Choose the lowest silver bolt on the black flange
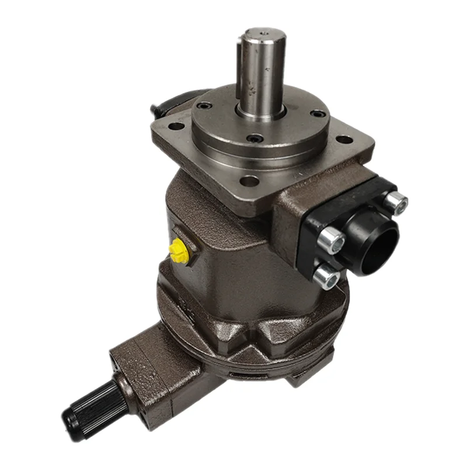tap(327, 276)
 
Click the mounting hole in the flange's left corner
tap(175, 126)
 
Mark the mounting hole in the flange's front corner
tap(250, 181)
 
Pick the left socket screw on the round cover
tap(204, 106)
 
